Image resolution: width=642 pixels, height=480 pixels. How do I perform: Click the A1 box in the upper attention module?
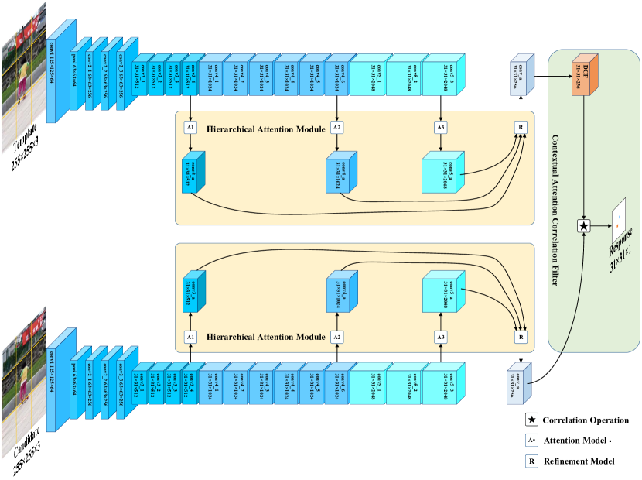[190, 126]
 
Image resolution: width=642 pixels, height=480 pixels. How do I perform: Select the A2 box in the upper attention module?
[336, 126]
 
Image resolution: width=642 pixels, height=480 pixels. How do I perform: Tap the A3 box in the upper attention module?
[441, 126]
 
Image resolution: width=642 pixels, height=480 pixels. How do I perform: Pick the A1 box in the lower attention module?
[190, 338]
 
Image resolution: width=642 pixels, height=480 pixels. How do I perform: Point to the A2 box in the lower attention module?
[336, 338]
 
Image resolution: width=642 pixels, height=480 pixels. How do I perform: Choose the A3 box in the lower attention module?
[441, 338]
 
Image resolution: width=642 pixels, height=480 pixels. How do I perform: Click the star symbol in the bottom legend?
[531, 419]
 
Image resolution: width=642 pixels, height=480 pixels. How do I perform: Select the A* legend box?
[531, 440]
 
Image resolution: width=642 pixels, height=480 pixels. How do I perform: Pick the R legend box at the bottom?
[531, 461]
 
